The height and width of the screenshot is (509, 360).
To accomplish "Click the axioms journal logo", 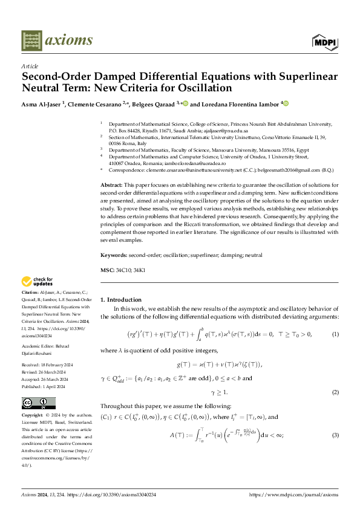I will [x=57, y=41].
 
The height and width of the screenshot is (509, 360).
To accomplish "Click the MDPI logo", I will [x=325, y=42].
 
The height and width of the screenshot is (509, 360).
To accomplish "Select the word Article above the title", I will [x=29, y=66].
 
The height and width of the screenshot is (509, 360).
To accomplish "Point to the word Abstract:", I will [x=111, y=183].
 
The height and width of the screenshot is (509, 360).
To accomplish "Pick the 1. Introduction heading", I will [x=120, y=300].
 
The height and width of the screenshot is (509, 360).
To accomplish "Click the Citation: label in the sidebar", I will [x=32, y=293].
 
